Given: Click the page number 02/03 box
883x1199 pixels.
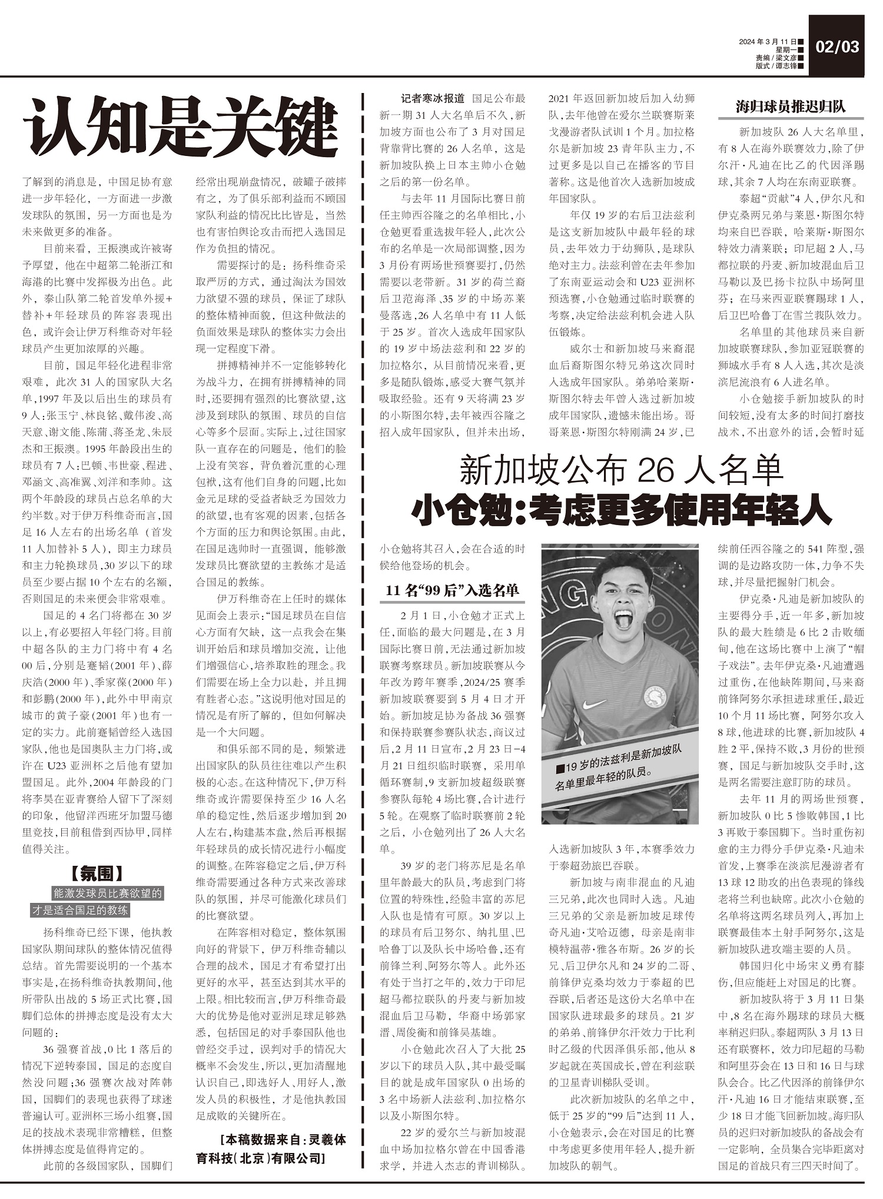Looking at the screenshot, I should [x=836, y=47].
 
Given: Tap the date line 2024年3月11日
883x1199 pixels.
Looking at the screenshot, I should [x=768, y=42].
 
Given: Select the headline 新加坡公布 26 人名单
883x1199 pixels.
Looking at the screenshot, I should [x=622, y=470].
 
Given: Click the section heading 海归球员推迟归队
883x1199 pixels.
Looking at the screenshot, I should [x=790, y=107].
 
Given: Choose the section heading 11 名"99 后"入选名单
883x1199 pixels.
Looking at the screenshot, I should [x=452, y=591].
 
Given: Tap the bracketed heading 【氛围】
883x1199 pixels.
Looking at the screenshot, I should [x=97, y=873].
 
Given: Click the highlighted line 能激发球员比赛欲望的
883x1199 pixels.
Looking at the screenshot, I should [x=108, y=893].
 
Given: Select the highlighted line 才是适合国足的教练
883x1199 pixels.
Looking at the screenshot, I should [x=80, y=910].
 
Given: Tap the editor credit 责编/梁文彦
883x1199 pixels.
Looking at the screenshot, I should [x=776, y=58].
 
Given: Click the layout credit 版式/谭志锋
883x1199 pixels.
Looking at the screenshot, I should [x=776, y=66].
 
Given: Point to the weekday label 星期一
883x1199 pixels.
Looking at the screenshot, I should [x=784, y=50].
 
